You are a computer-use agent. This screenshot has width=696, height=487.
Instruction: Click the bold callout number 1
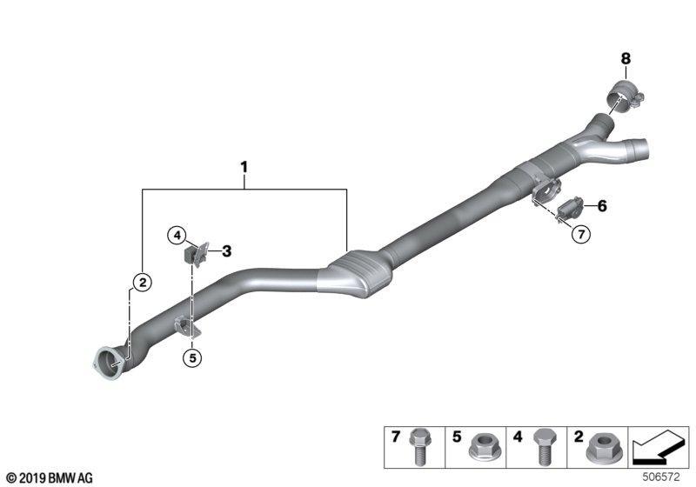[x=244, y=168]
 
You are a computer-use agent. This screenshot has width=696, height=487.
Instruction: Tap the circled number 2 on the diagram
[x=143, y=282]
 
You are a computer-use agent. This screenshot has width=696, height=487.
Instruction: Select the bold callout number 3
[x=227, y=251]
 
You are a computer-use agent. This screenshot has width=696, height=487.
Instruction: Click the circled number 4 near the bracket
[x=177, y=236]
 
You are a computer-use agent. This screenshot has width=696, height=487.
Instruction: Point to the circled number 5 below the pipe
[x=192, y=357]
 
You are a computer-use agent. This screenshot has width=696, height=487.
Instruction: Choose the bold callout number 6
[x=602, y=206]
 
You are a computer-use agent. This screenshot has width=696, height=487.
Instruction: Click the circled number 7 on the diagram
[x=581, y=233]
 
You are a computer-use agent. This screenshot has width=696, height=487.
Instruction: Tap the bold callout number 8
[x=626, y=58]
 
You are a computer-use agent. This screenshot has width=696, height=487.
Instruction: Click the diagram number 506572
[x=661, y=477]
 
